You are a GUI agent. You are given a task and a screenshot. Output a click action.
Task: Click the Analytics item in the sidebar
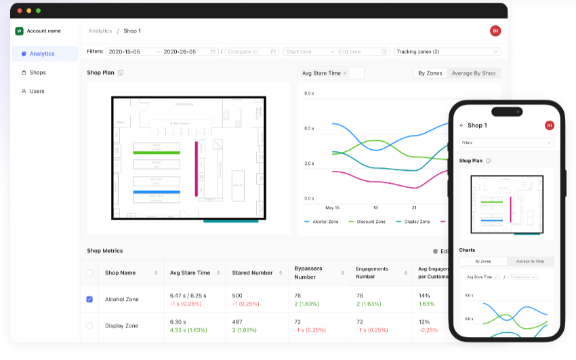pos(42,54)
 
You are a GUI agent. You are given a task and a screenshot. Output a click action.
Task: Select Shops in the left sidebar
pos(37,73)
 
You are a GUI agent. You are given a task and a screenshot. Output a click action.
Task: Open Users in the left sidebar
pos(37,91)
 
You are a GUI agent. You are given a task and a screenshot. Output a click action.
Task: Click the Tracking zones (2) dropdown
pos(447,52)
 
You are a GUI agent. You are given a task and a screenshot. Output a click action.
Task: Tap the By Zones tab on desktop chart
pos(430,73)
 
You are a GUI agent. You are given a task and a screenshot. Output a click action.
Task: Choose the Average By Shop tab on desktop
pos(473,73)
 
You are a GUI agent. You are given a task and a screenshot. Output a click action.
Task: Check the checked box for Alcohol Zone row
pos(89,299)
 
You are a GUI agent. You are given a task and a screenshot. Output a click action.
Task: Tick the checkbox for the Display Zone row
pos(89,325)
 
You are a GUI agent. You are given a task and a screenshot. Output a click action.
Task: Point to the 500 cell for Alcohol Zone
pos(237,296)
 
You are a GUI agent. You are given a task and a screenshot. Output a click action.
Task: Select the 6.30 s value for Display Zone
pos(178,322)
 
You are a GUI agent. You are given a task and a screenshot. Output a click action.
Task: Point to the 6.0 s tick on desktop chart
pos(308,128)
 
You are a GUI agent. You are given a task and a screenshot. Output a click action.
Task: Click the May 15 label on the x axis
pos(333,207)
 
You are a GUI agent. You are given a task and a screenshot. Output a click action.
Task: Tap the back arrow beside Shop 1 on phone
pos(461,125)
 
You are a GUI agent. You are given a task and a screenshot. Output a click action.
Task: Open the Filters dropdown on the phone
pos(506,143)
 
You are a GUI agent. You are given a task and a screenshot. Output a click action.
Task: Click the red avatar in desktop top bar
pos(495,31)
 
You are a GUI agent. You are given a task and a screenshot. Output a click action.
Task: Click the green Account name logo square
pos(19,31)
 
